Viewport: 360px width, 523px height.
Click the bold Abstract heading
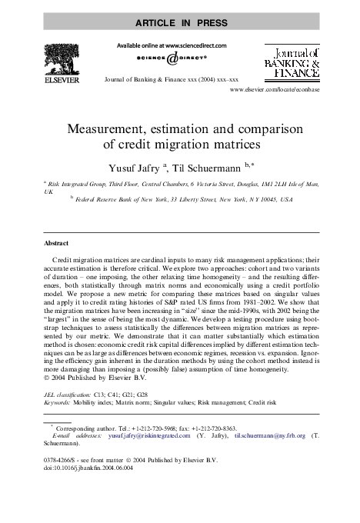point(61,244)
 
